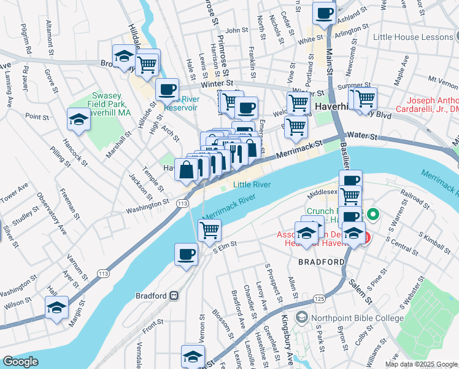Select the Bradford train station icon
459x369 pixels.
[x=174, y=295]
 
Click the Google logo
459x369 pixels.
[x=20, y=362]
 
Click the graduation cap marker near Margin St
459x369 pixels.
[x=56, y=307]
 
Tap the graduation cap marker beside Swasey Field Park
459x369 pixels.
[x=79, y=120]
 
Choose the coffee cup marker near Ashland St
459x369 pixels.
[x=324, y=12]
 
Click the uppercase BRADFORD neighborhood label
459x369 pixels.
[x=321, y=262]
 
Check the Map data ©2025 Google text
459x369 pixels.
[x=421, y=364]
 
